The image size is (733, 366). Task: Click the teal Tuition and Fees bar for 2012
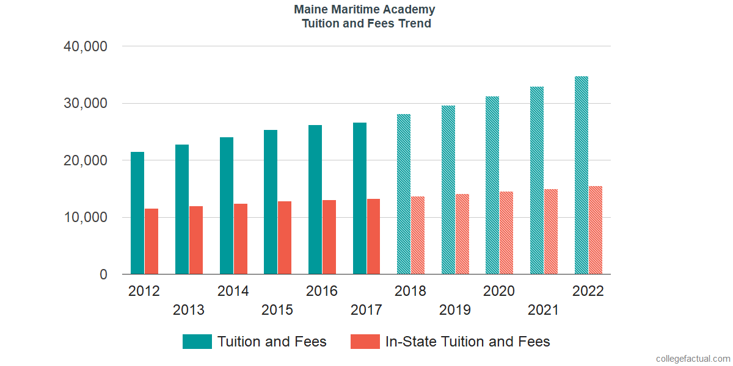click(x=137, y=213)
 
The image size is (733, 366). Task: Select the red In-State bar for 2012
click(x=151, y=242)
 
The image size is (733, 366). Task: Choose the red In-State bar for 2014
click(x=240, y=239)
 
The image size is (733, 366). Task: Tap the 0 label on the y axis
click(x=103, y=275)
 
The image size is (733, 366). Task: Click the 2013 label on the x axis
click(x=189, y=310)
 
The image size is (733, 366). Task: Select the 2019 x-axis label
click(x=455, y=310)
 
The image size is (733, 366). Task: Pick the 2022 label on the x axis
click(x=588, y=291)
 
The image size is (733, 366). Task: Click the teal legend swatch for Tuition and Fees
click(x=197, y=342)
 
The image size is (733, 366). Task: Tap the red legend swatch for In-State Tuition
click(x=365, y=342)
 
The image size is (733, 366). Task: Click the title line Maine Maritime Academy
click(x=365, y=10)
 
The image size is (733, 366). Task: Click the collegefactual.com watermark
click(x=693, y=359)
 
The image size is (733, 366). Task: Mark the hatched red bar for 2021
click(x=551, y=232)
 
